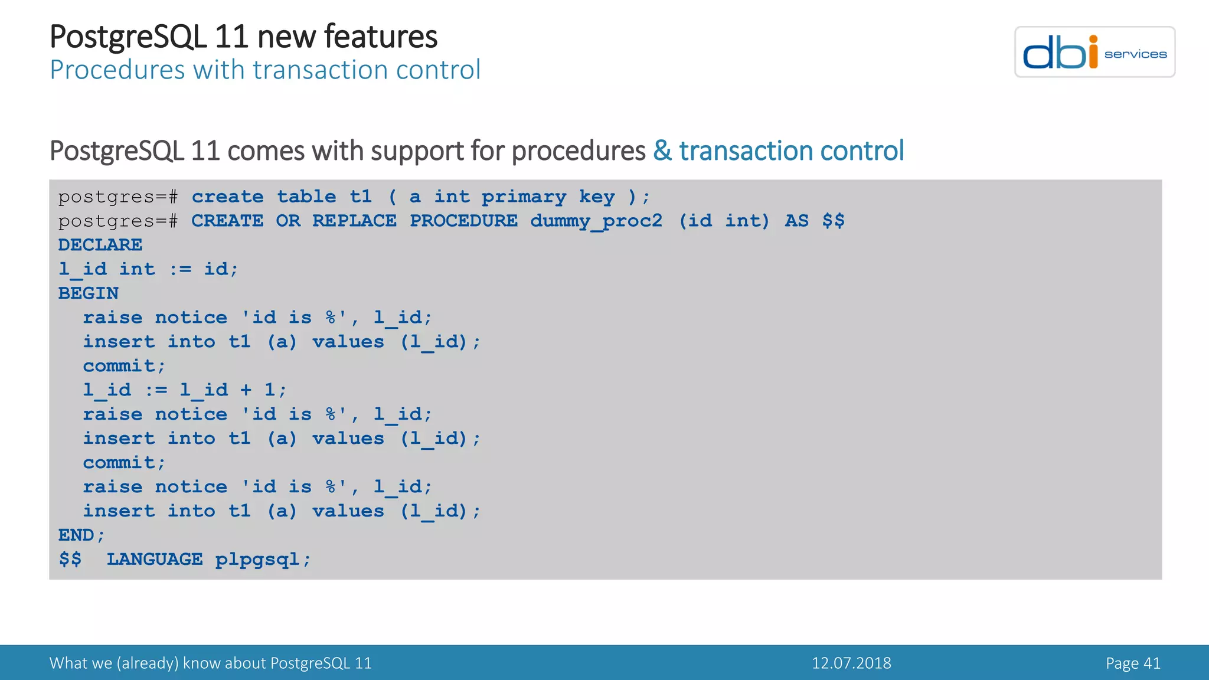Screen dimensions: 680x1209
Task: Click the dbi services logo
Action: (1094, 52)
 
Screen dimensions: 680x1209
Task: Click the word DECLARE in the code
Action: (100, 245)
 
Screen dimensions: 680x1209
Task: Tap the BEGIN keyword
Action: (88, 293)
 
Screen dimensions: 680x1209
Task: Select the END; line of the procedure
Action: (81, 535)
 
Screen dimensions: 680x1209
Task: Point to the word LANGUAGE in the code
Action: (154, 560)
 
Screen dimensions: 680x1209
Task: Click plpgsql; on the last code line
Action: (262, 560)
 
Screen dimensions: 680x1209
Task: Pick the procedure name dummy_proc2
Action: (596, 221)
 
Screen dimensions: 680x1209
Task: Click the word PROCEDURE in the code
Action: (463, 221)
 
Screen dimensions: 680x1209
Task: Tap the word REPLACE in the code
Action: (354, 221)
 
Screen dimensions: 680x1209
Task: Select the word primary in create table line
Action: (524, 197)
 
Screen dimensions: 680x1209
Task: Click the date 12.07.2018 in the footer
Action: (851, 663)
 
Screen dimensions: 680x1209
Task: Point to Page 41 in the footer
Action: (1133, 663)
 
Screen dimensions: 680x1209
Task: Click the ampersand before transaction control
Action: (662, 151)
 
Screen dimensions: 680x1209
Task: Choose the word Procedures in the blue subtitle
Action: (117, 70)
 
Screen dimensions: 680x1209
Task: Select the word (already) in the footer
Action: (147, 663)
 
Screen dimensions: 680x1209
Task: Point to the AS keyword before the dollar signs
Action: (796, 221)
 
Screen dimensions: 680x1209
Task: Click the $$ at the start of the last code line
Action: (70, 560)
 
